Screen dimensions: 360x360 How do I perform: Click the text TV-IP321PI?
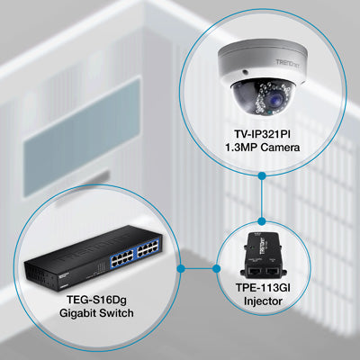tap(262, 133)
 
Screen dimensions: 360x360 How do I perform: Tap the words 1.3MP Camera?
tap(262, 148)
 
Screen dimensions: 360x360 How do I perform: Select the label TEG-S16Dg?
tap(96, 300)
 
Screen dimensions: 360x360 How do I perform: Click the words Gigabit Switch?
tap(96, 313)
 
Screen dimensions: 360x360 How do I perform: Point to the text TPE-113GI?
tap(263, 288)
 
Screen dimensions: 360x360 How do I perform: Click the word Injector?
tap(263, 301)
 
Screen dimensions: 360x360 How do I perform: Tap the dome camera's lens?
tap(276, 98)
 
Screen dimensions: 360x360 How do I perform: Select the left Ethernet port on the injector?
tap(254, 272)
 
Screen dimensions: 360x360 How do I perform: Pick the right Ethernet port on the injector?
tap(273, 272)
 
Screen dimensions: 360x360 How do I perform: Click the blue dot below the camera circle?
tap(262, 175)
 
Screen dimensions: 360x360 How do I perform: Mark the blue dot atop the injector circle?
tap(262, 221)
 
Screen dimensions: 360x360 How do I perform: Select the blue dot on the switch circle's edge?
tap(181, 268)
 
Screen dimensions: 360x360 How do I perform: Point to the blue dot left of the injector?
tap(216, 268)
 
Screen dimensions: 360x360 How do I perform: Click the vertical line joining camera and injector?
tap(262, 198)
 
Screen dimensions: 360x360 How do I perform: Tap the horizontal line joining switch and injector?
tap(198, 268)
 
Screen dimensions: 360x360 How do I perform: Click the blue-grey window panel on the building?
tap(82, 137)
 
